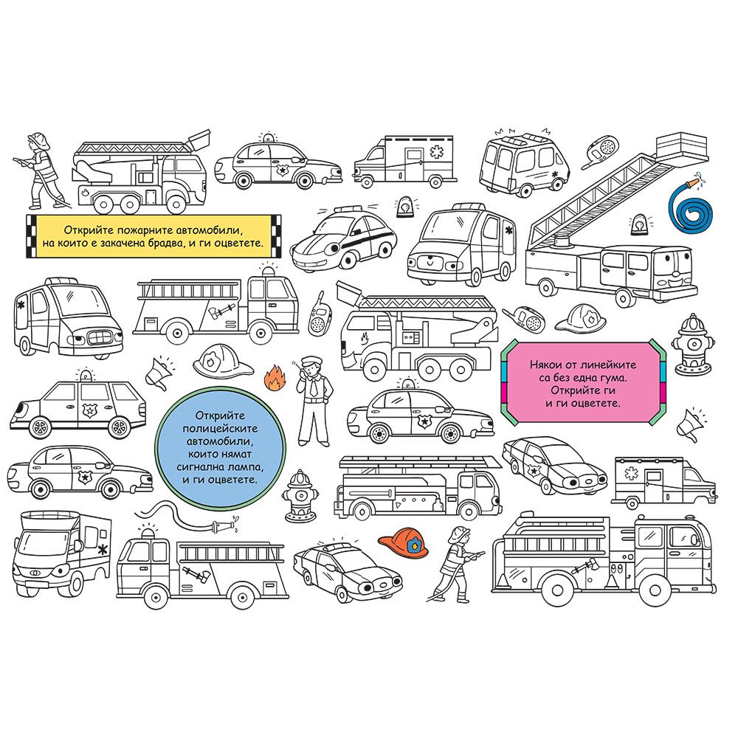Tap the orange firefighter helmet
tap(404, 541)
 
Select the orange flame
tap(275, 378)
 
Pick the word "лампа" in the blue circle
tap(245, 467)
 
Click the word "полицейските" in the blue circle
tap(220, 429)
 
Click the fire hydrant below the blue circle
tap(300, 496)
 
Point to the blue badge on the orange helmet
tap(415, 545)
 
